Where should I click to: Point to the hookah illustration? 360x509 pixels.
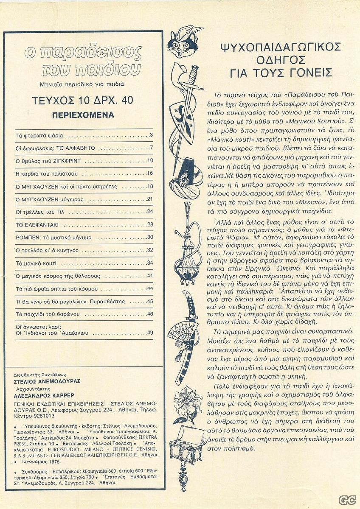(x=186, y=250)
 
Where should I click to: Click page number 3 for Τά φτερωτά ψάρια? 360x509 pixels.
(x=151, y=136)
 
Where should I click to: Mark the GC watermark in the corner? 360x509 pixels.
(x=347, y=500)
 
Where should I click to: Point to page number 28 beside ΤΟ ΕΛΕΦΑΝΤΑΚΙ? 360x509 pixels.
(x=149, y=224)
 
